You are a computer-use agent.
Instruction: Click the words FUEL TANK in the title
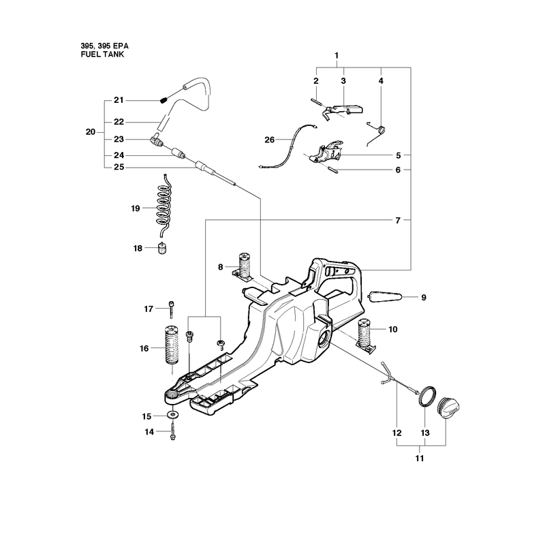pos(102,54)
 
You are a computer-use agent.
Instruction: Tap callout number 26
pos(269,140)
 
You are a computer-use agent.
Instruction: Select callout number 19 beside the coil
pos(135,208)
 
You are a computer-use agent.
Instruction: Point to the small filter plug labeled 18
pos(162,248)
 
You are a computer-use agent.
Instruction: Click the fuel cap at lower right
pos(449,408)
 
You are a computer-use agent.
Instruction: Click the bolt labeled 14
pos(172,431)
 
